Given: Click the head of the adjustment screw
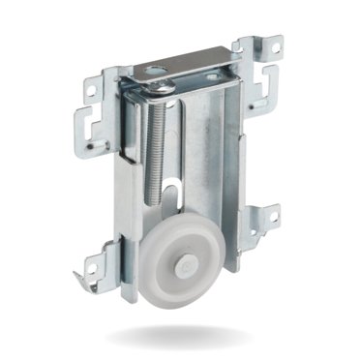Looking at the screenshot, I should point(158,88).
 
